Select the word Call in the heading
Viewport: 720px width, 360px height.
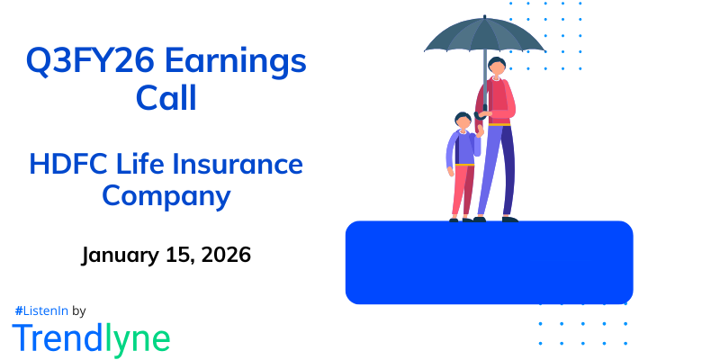(166, 97)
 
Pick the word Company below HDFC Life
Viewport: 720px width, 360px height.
(166, 195)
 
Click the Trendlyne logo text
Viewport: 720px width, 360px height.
(91, 337)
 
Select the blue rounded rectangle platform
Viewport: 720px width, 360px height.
(489, 262)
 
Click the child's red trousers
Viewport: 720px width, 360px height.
(462, 189)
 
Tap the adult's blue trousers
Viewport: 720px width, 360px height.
(497, 171)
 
